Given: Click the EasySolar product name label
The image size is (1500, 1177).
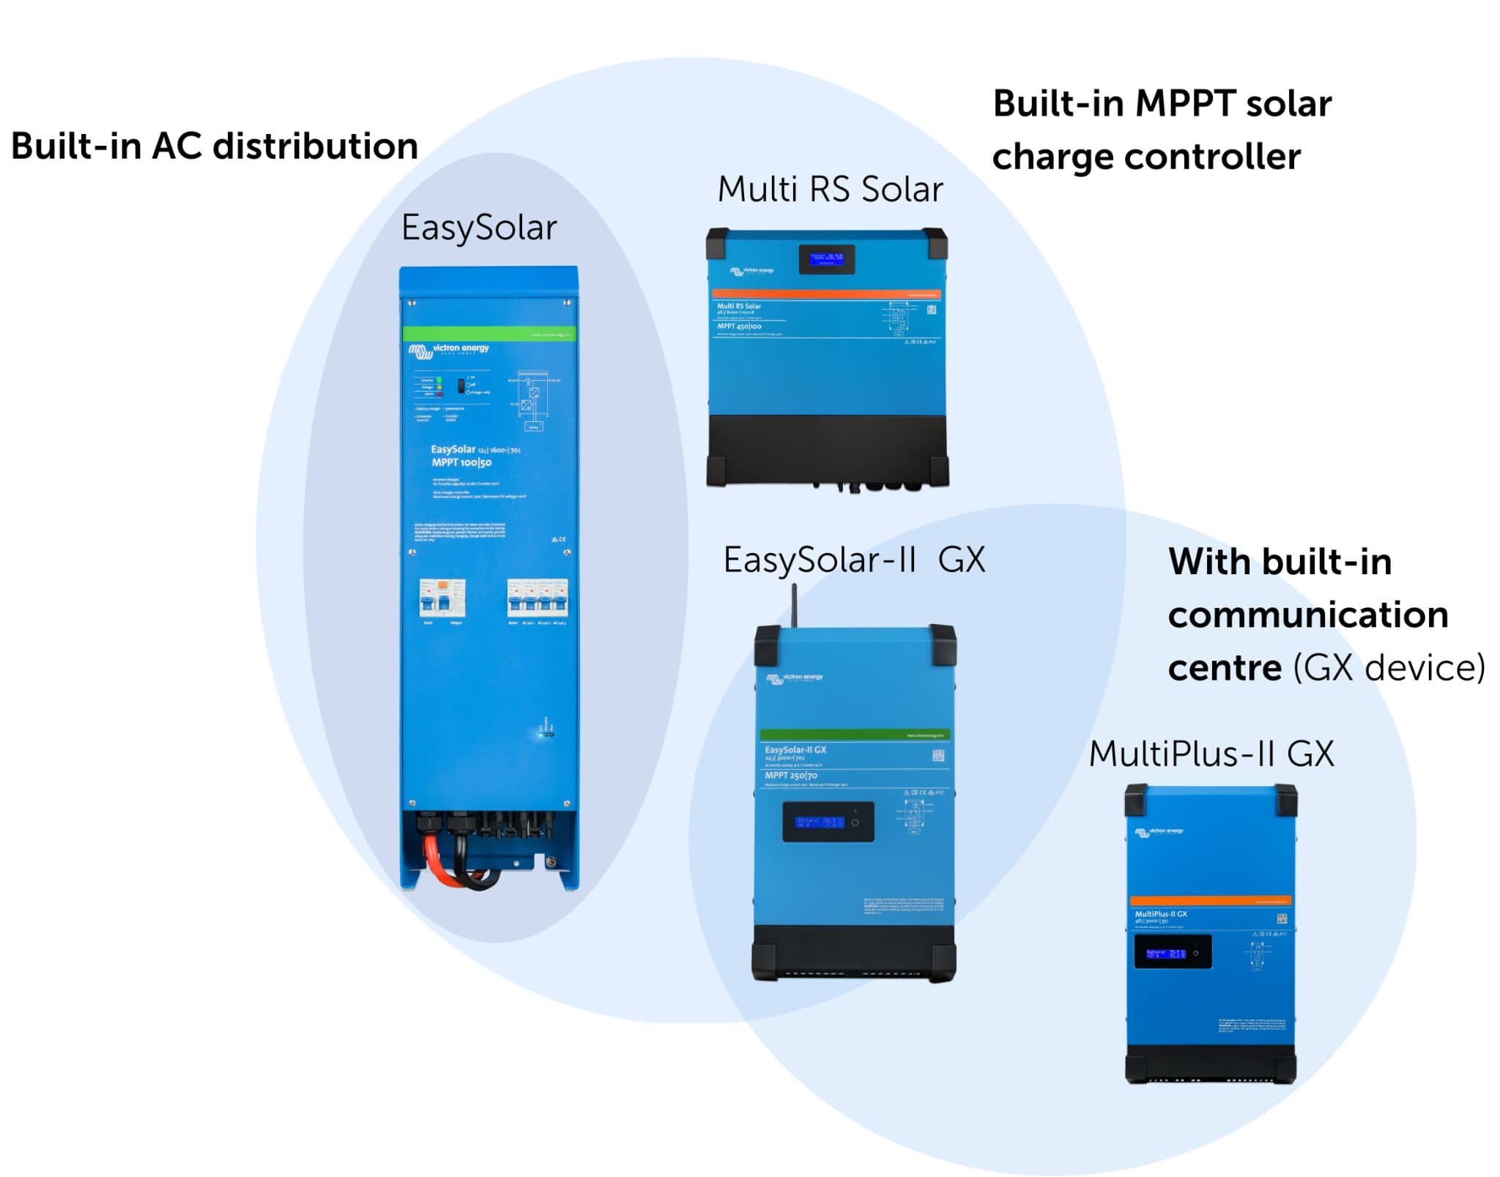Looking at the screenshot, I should pyautogui.click(x=478, y=228).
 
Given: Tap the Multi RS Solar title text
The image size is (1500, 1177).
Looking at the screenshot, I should pyautogui.click(x=829, y=189).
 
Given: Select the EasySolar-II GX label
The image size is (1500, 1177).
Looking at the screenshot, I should pyautogui.click(x=853, y=560).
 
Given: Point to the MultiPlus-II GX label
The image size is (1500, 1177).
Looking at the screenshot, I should pyautogui.click(x=1211, y=754).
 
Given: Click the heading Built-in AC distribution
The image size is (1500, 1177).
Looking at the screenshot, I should pyautogui.click(x=214, y=146).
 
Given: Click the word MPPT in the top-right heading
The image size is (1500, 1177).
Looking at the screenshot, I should pyautogui.click(x=1184, y=103).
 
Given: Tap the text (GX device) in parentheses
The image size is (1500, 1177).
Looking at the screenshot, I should pyautogui.click(x=1389, y=667).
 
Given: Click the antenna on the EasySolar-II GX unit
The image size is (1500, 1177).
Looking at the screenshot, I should pyautogui.click(x=794, y=604).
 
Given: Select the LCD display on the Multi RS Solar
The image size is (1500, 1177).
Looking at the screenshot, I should pyautogui.click(x=826, y=259).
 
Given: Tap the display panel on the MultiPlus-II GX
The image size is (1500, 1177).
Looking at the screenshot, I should pyautogui.click(x=1172, y=953).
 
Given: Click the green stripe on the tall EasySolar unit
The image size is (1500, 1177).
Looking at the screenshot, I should pyautogui.click(x=489, y=334).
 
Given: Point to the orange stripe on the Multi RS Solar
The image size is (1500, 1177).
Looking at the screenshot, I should pyautogui.click(x=826, y=294).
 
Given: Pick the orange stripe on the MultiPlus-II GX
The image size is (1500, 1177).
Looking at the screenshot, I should pyautogui.click(x=1210, y=901).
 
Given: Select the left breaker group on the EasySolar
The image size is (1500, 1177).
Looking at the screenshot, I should pyautogui.click(x=442, y=598).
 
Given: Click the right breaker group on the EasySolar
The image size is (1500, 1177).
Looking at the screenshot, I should pyautogui.click(x=537, y=598).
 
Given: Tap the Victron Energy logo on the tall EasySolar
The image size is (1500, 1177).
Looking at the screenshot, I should pyautogui.click(x=448, y=351).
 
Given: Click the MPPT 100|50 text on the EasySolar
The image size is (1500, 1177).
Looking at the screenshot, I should pyautogui.click(x=461, y=462).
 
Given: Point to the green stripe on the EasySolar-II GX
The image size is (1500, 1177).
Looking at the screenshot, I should pyautogui.click(x=854, y=735).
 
